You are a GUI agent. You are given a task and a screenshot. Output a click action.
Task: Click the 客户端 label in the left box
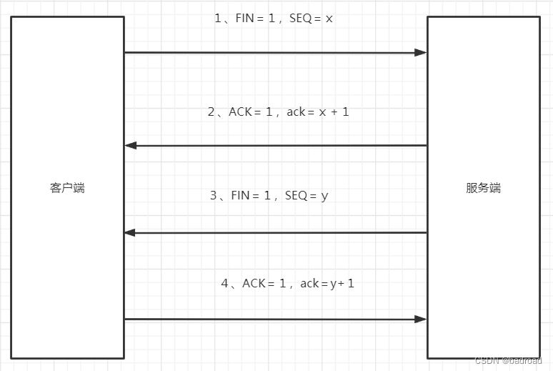[68, 188]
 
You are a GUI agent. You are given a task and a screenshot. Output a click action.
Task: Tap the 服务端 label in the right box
[484, 188]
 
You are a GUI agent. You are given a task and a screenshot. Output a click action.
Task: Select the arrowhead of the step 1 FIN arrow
[420, 52]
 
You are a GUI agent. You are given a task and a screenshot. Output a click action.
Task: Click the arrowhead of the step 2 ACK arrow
[131, 146]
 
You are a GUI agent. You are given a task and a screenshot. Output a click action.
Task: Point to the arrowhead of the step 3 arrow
[131, 232]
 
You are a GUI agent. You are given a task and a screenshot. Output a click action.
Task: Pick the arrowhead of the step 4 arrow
[420, 319]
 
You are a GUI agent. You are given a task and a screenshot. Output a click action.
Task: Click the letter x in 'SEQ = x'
[329, 19]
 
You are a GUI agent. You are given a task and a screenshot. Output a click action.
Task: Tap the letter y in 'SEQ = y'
[324, 195]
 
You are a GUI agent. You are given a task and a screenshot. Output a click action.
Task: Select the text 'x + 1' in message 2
[335, 112]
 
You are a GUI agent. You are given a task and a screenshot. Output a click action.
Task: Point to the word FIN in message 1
[245, 19]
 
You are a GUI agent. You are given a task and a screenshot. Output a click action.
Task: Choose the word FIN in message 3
[241, 195]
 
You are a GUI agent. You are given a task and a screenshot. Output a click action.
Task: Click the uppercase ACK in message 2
[240, 112]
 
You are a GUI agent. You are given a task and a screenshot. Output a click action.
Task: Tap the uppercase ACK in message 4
[254, 284]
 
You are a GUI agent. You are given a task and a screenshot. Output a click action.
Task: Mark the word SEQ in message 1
[300, 19]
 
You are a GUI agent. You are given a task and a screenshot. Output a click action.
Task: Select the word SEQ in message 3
[296, 195]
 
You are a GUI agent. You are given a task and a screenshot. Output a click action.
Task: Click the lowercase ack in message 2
[296, 112]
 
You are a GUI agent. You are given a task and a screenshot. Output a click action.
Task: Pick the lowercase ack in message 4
[309, 284]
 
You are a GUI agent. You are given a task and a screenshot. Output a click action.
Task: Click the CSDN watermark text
[509, 361]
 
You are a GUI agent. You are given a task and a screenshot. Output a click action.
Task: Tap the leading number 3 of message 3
[213, 195]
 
